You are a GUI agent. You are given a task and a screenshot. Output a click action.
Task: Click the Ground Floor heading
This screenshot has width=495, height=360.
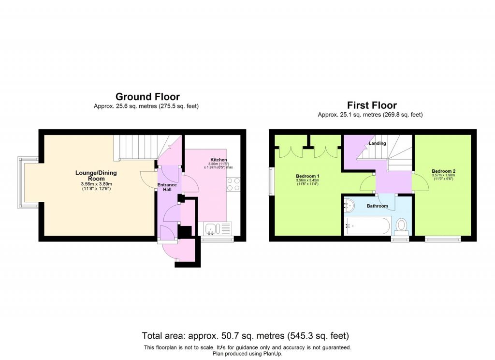click(x=147, y=97)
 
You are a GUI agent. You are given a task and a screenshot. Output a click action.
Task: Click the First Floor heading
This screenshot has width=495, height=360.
click(x=372, y=105)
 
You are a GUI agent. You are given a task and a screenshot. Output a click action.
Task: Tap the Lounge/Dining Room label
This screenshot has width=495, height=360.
click(x=96, y=176)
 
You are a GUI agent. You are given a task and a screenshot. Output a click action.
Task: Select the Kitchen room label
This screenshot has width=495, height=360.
click(x=218, y=160)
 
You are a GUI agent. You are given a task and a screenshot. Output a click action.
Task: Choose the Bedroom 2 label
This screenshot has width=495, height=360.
click(x=443, y=171)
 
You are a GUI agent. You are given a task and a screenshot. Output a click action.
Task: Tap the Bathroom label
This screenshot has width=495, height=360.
click(x=377, y=206)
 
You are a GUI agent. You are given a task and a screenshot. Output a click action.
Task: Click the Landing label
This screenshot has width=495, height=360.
click(x=377, y=144)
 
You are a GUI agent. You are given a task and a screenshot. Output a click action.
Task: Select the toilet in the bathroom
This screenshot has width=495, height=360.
click(x=401, y=225)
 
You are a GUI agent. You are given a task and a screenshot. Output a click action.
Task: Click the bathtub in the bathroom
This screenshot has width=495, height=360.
click(x=367, y=225)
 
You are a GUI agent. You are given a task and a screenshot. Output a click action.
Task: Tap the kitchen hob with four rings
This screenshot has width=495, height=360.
click(x=233, y=184)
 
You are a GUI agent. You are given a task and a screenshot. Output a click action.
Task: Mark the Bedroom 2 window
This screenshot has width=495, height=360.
click(x=443, y=238)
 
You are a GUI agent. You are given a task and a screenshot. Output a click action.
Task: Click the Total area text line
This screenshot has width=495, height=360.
click(x=246, y=335)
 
